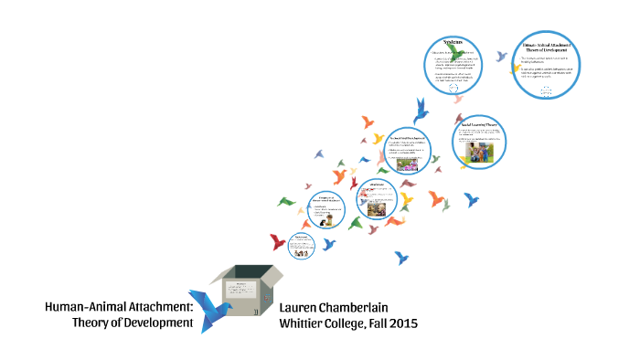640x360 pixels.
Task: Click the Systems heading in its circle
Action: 453,43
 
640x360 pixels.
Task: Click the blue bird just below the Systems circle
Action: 421,111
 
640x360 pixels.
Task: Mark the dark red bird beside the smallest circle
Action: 278,242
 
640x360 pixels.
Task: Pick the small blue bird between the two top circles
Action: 501,56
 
